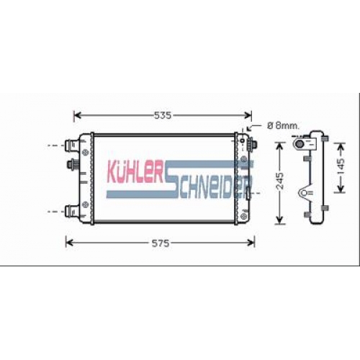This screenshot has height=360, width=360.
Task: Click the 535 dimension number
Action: tap(163, 115)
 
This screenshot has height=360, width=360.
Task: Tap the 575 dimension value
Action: tap(161, 243)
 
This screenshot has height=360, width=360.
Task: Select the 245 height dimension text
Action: tap(280, 181)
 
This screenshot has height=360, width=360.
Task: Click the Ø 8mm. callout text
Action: tap(283, 125)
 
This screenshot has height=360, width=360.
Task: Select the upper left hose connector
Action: tap(71, 145)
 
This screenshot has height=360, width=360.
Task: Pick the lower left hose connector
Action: tap(71, 211)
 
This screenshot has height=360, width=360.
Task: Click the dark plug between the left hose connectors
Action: tap(71, 165)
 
